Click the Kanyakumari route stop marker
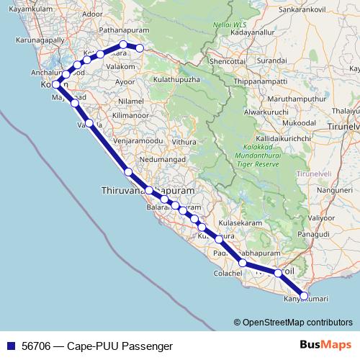tap(304, 295)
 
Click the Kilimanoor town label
tap(130, 115)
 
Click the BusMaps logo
tap(324, 346)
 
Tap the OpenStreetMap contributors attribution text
tap(297, 323)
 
